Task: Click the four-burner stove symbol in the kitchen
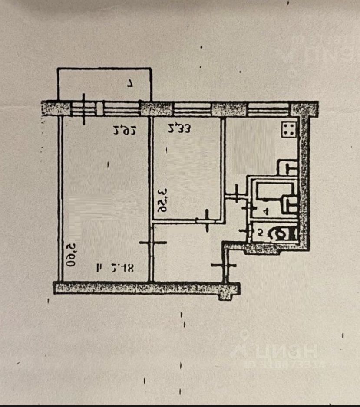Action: tap(288, 129)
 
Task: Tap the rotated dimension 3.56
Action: tap(162, 200)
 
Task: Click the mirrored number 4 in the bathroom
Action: tap(265, 212)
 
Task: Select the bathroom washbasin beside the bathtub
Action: tap(289, 204)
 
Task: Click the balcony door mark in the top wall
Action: tap(83, 108)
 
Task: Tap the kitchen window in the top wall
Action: tap(268, 108)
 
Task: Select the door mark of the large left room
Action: tap(153, 243)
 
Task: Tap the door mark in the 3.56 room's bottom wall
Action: tap(207, 220)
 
